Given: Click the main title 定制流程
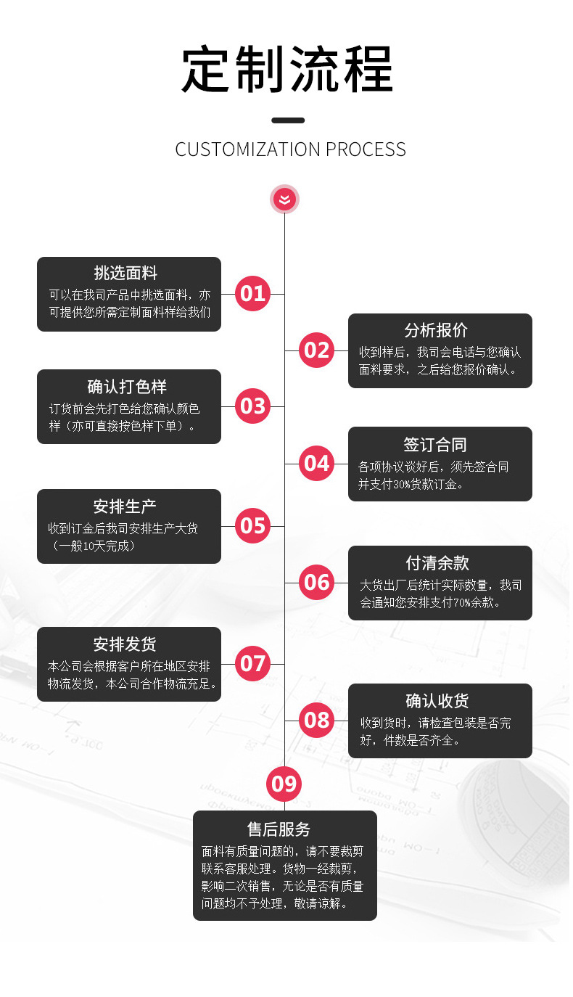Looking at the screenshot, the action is (287, 70).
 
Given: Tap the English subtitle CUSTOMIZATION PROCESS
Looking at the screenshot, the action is (290, 149).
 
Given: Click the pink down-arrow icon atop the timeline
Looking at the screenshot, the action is (284, 199).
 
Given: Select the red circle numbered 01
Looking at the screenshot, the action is (252, 294).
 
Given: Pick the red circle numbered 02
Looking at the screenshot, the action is (316, 350).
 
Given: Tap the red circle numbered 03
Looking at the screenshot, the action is (252, 406).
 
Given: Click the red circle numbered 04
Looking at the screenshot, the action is (316, 463).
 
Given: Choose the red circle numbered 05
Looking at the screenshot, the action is (252, 525).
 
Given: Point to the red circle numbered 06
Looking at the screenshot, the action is (316, 582).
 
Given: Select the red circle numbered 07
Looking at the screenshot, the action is (252, 663).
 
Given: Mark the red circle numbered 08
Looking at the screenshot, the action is (316, 720).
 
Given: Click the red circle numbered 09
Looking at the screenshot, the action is (284, 784).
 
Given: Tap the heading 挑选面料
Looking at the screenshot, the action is (125, 273).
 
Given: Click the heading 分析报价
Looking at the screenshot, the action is (437, 330).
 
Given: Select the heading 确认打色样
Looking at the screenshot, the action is (127, 386).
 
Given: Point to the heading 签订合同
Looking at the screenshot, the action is (435, 444).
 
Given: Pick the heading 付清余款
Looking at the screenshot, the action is (437, 563).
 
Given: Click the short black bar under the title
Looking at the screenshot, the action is (288, 120).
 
